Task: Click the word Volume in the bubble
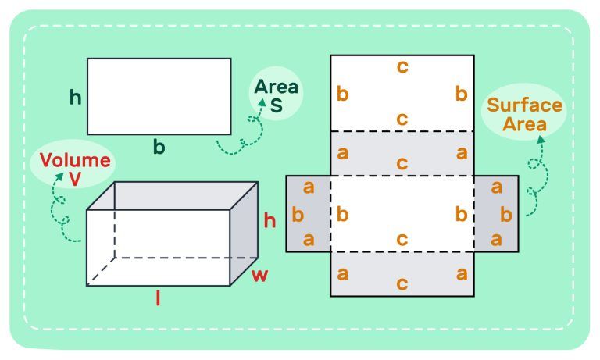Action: pyautogui.click(x=75, y=161)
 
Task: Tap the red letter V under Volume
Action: pyautogui.click(x=75, y=179)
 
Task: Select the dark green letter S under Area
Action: pyautogui.click(x=277, y=105)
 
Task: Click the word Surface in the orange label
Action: pyautogui.click(x=524, y=105)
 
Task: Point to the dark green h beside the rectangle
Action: pyautogui.click(x=76, y=98)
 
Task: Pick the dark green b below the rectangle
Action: pyautogui.click(x=159, y=148)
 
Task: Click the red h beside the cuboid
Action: pyautogui.click(x=270, y=221)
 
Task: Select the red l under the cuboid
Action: pyautogui.click(x=158, y=298)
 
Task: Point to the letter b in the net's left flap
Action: pyautogui.click(x=297, y=214)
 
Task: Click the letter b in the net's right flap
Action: pyautogui.click(x=505, y=214)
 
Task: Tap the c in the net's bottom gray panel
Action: pyautogui.click(x=402, y=283)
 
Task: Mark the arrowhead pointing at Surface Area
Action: pyautogui.click(x=540, y=140)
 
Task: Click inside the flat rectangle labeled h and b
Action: pyautogui.click(x=159, y=96)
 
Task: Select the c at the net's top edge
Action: pyautogui.click(x=402, y=67)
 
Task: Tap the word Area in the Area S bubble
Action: pyautogui.click(x=277, y=87)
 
